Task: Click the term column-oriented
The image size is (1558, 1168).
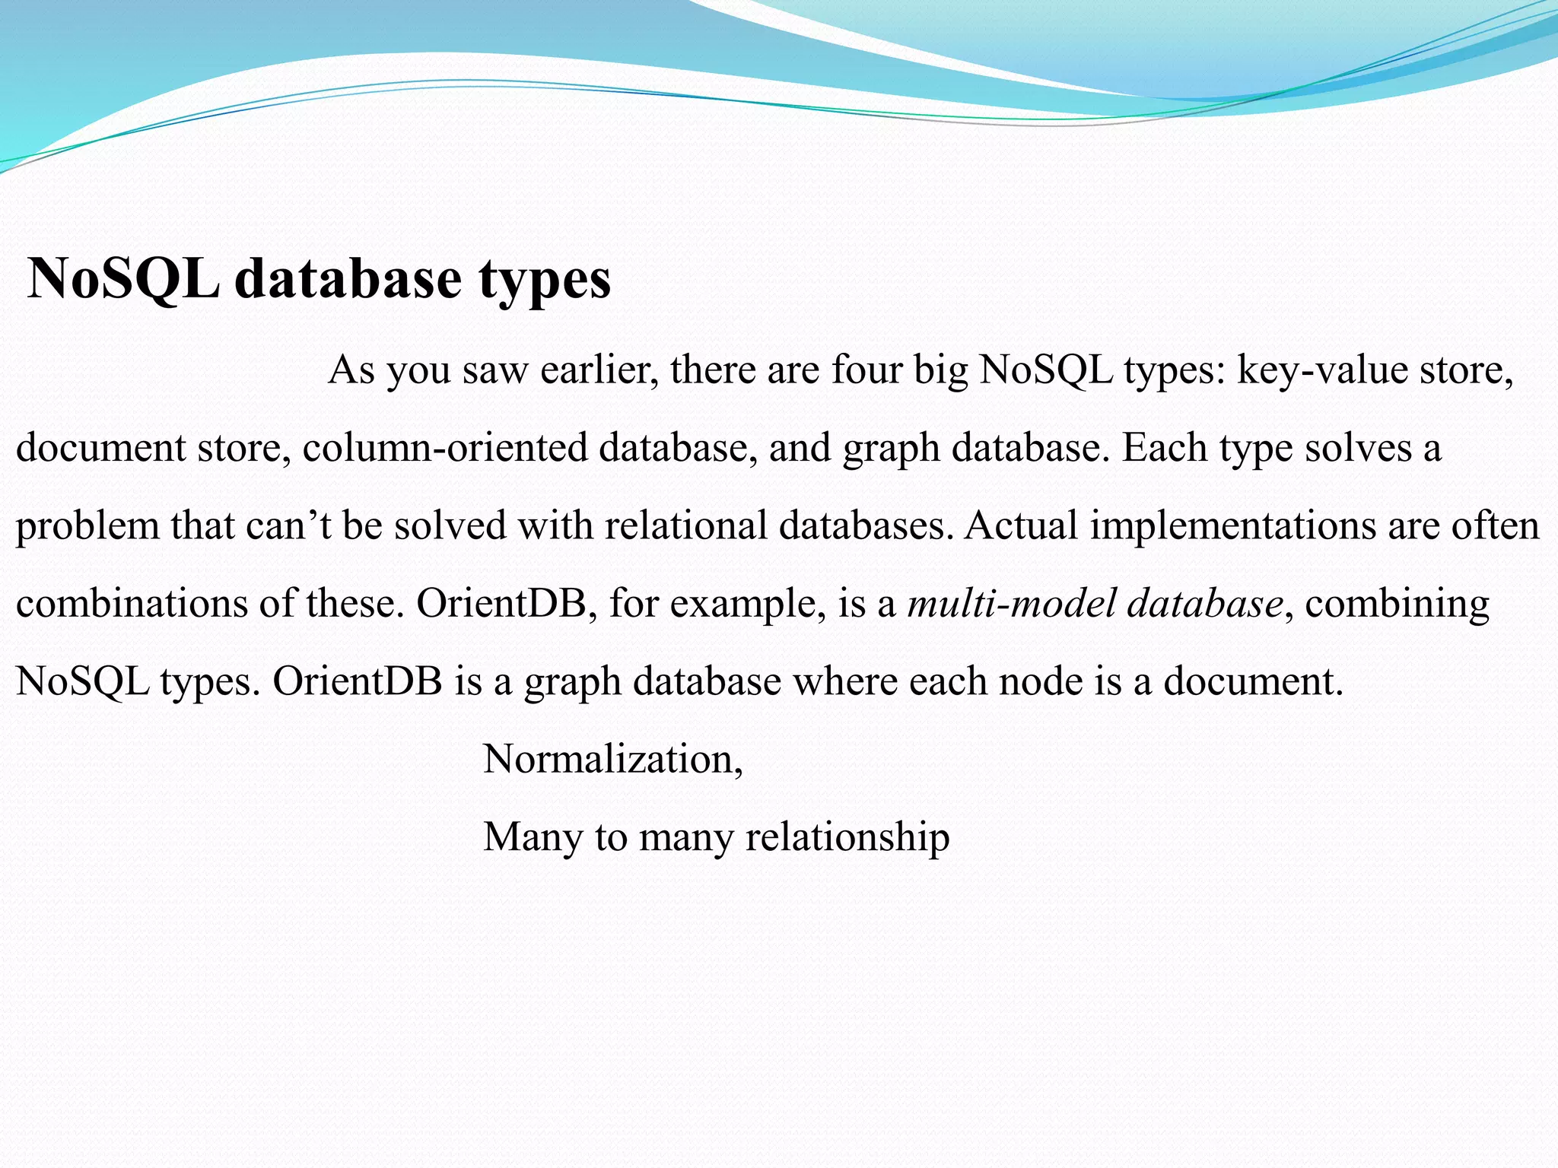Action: point(445,449)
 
